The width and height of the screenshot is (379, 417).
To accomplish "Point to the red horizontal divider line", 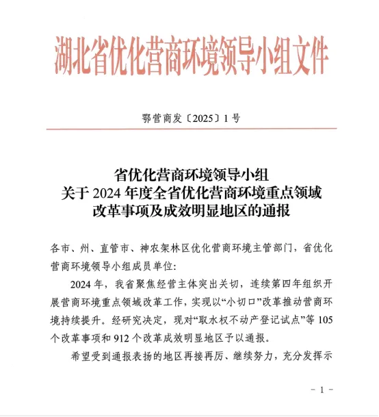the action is [x=189, y=129].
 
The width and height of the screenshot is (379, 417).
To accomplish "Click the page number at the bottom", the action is [x=322, y=390].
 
